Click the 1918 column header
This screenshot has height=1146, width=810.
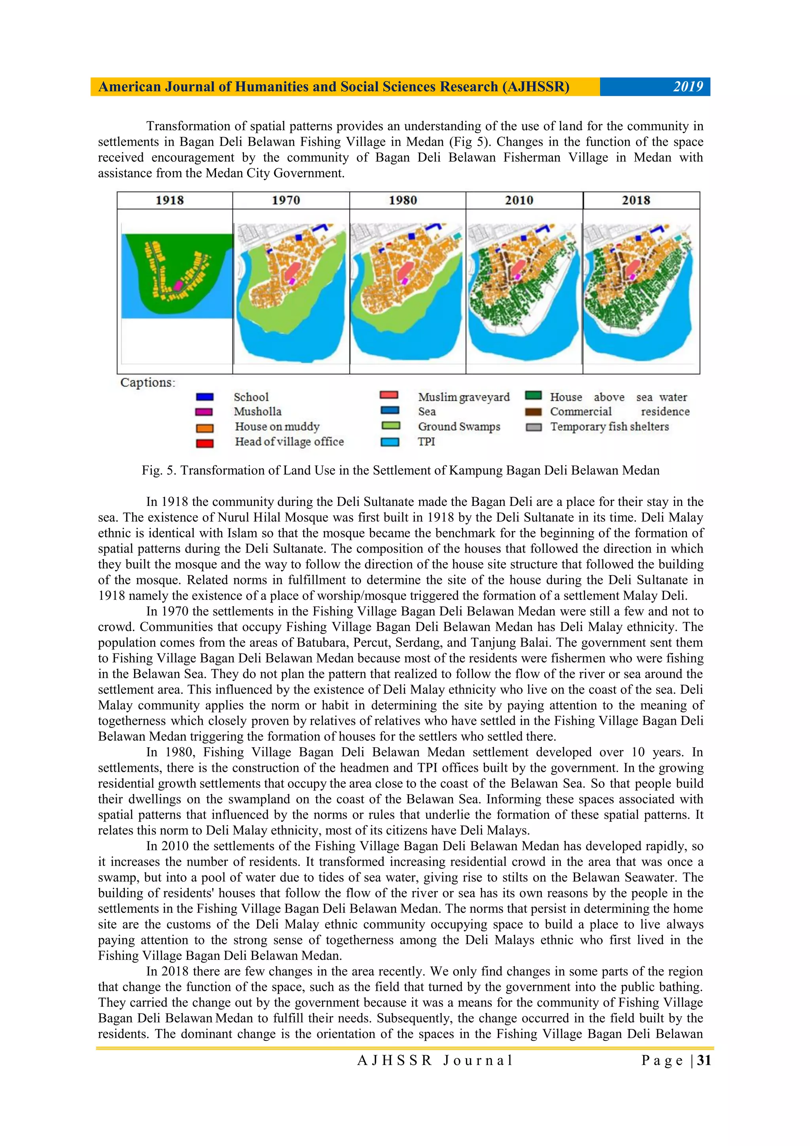(170, 200)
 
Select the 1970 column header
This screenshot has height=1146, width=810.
(286, 200)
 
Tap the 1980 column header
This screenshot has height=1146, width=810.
(403, 200)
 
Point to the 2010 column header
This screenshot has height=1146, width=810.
(519, 200)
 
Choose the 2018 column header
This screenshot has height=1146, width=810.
(636, 200)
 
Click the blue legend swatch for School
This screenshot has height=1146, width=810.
(204, 397)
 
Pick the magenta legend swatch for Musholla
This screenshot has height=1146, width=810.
(204, 412)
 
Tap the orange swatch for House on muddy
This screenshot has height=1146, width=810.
(204, 428)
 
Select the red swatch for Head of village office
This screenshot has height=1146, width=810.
(204, 443)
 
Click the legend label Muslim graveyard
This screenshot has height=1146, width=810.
(464, 397)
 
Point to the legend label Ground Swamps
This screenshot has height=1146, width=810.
(459, 427)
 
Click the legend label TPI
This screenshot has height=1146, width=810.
(426, 442)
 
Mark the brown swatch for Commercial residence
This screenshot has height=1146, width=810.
(534, 412)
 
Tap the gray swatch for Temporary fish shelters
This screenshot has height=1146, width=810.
(534, 427)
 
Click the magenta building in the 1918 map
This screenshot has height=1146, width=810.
(178, 285)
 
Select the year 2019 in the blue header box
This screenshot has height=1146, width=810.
(688, 87)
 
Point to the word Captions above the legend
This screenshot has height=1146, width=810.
(148, 383)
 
